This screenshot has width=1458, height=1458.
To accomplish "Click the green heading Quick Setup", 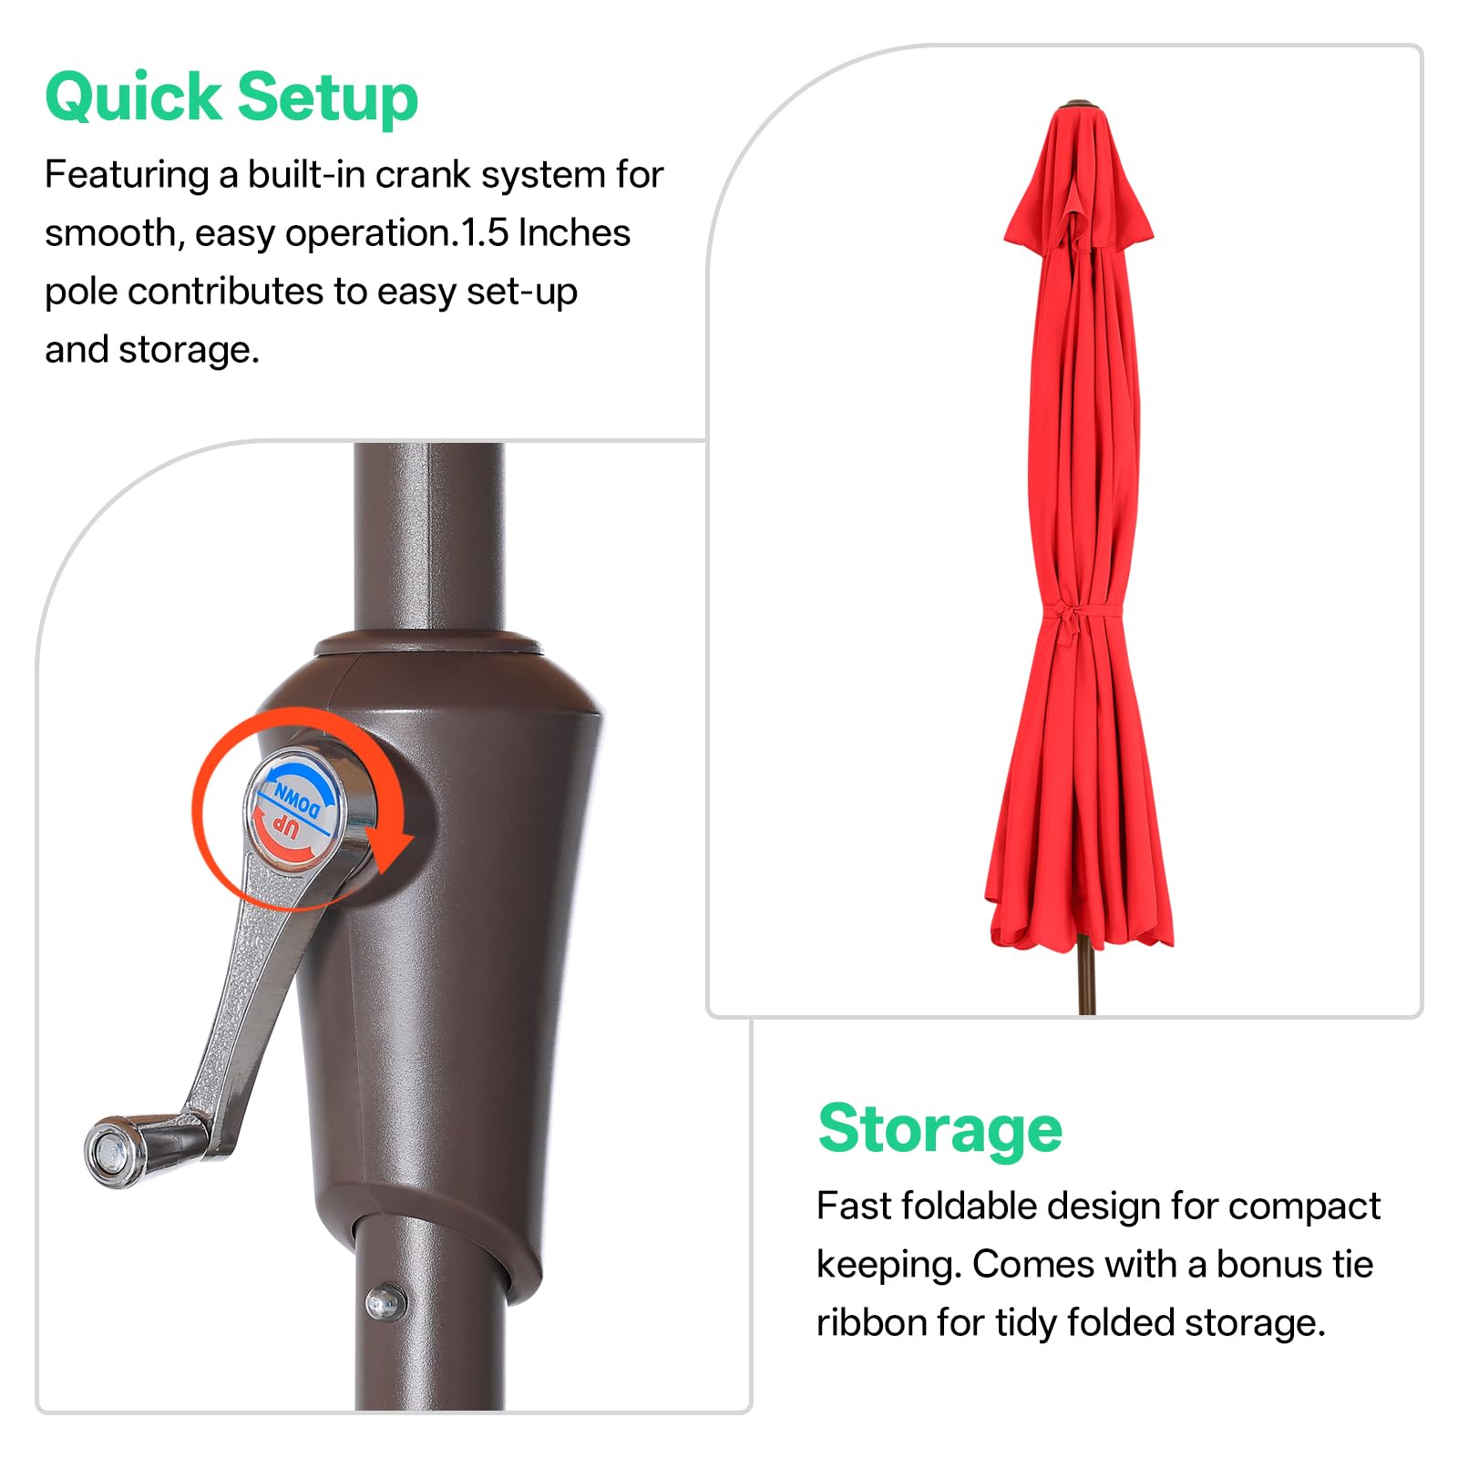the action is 231,98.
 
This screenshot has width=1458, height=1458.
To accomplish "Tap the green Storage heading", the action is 939,1130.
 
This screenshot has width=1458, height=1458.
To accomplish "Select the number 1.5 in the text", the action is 484,233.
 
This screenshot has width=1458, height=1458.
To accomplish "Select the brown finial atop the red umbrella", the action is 1078,104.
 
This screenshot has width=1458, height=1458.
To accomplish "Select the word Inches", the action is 574,233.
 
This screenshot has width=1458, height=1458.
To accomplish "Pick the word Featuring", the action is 127,175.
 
